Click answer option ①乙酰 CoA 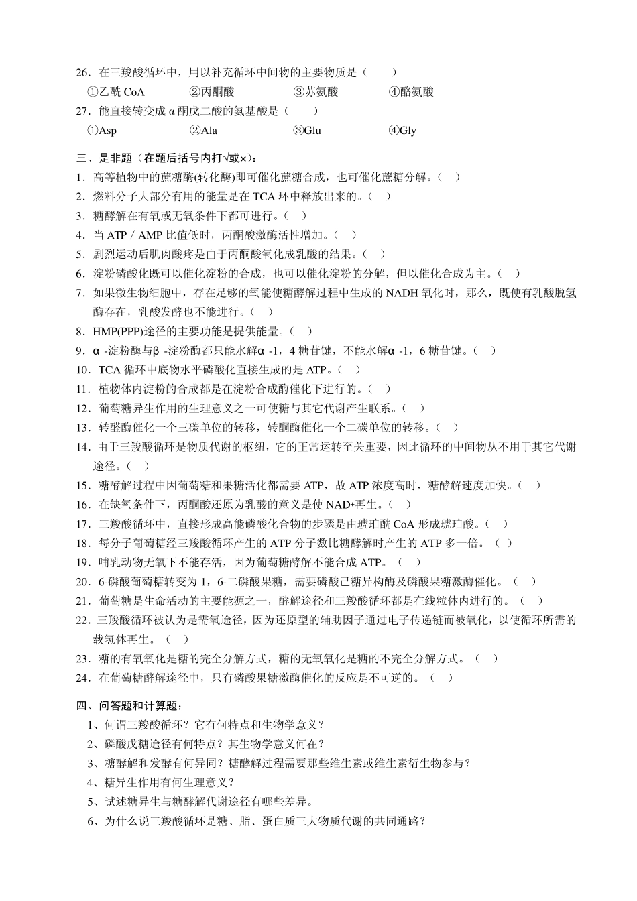coord(116,92)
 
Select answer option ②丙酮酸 coord(212,92)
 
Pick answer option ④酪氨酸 coord(411,92)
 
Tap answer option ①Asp coord(102,131)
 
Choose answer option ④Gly coord(402,131)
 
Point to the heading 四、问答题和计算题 coord(129,705)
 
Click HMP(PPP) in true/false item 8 coord(119,331)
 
